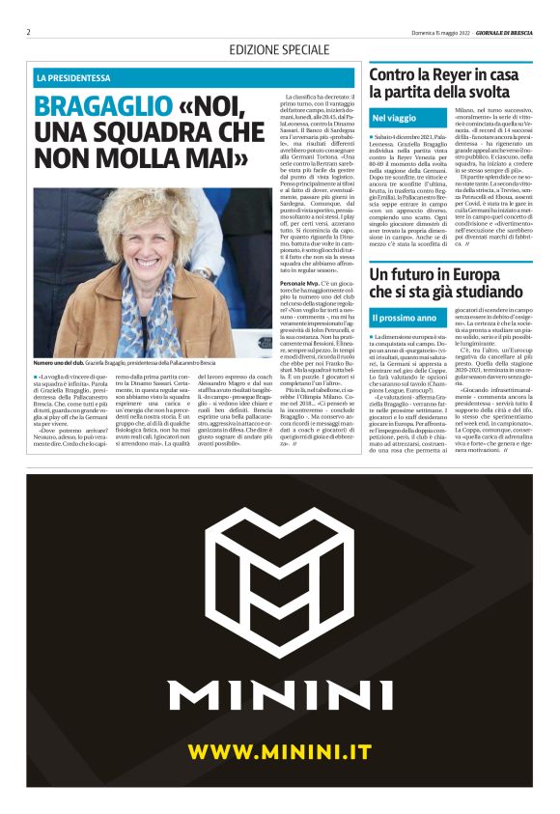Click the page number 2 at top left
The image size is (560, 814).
29,32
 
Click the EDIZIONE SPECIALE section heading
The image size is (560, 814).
279,49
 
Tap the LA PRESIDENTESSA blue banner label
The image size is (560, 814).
73,77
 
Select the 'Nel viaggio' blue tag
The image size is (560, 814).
395,118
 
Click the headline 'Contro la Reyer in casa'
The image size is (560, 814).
443,73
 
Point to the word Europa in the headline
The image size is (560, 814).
468,273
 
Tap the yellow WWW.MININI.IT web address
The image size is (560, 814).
280,751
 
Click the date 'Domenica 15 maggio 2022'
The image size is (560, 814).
416,32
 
